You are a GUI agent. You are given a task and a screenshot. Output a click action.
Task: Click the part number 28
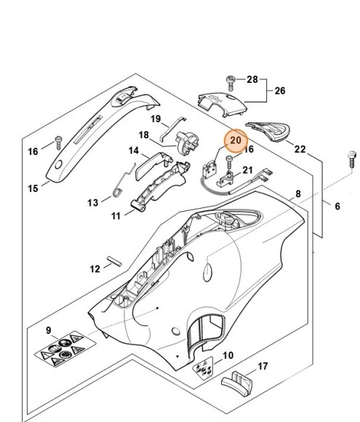(x=253, y=79)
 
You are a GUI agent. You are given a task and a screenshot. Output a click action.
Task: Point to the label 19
(x=156, y=119)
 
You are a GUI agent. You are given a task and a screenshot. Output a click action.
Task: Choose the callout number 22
(x=300, y=148)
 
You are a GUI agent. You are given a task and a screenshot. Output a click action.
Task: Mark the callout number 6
(x=337, y=207)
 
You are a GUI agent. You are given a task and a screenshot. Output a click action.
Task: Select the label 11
(x=116, y=216)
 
